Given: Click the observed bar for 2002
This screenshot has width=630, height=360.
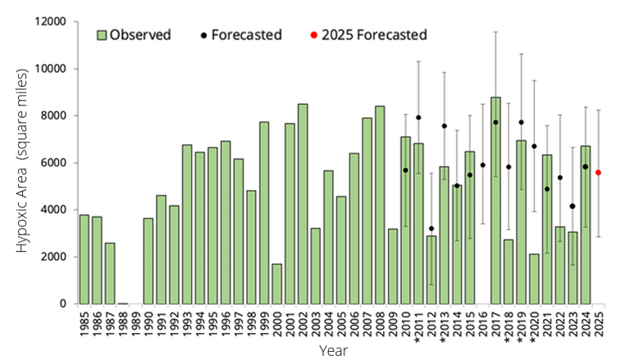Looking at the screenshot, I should pyautogui.click(x=303, y=204).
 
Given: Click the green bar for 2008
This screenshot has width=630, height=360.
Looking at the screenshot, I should pyautogui.click(x=380, y=205).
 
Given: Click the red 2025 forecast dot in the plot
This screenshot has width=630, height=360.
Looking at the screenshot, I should pyautogui.click(x=598, y=172).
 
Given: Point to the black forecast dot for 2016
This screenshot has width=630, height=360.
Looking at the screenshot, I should pyautogui.click(x=482, y=165).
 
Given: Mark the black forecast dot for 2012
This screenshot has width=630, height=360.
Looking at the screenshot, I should pyautogui.click(x=431, y=229).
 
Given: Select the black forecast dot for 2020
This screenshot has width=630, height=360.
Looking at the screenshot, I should pyautogui.click(x=534, y=146).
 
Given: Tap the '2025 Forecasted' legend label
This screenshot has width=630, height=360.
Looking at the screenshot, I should pyautogui.click(x=374, y=34).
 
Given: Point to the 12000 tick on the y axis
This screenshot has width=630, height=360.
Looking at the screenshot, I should pyautogui.click(x=50, y=22).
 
